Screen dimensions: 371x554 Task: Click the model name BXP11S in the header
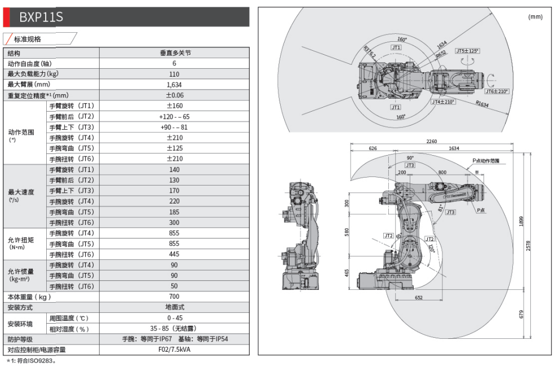[41, 17]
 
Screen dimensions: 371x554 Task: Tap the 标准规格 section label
[28, 39]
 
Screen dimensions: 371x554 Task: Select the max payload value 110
[174, 74]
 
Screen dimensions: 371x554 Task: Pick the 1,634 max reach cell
[174, 85]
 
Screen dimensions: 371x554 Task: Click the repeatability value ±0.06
[174, 95]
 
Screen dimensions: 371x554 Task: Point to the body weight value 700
[174, 297]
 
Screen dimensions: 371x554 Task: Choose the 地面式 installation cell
[174, 307]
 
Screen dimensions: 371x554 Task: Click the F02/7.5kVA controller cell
[174, 350]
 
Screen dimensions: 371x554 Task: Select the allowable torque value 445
[174, 254]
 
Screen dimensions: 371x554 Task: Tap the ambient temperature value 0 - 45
[174, 318]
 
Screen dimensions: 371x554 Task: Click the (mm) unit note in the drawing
[535, 17]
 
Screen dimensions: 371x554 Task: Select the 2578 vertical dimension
[528, 246]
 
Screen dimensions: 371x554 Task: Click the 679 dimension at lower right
[521, 314]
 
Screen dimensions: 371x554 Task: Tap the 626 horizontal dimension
[373, 148]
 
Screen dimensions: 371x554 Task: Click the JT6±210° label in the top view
[497, 91]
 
